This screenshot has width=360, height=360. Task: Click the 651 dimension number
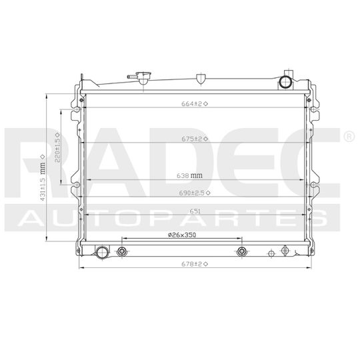(x=194, y=211)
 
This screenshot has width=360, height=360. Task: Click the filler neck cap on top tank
(x=143, y=76)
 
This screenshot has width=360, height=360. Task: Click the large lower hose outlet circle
(x=103, y=253)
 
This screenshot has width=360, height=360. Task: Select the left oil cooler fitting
(x=122, y=252)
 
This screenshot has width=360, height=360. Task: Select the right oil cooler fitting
(x=242, y=252)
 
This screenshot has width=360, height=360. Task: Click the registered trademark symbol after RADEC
(x=348, y=136)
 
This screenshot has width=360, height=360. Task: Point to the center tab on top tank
(x=201, y=79)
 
